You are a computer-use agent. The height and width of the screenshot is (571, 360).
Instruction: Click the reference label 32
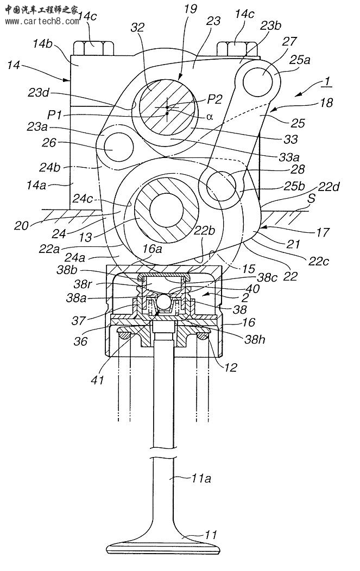[138, 27]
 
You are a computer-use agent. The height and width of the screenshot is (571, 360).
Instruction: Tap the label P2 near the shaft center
[214, 99]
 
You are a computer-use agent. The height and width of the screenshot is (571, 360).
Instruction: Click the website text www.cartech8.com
[42, 21]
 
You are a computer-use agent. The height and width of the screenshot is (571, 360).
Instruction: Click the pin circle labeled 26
[118, 148]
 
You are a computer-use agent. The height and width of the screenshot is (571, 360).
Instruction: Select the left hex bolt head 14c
[93, 48]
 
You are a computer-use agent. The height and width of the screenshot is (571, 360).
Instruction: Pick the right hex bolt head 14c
[238, 48]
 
